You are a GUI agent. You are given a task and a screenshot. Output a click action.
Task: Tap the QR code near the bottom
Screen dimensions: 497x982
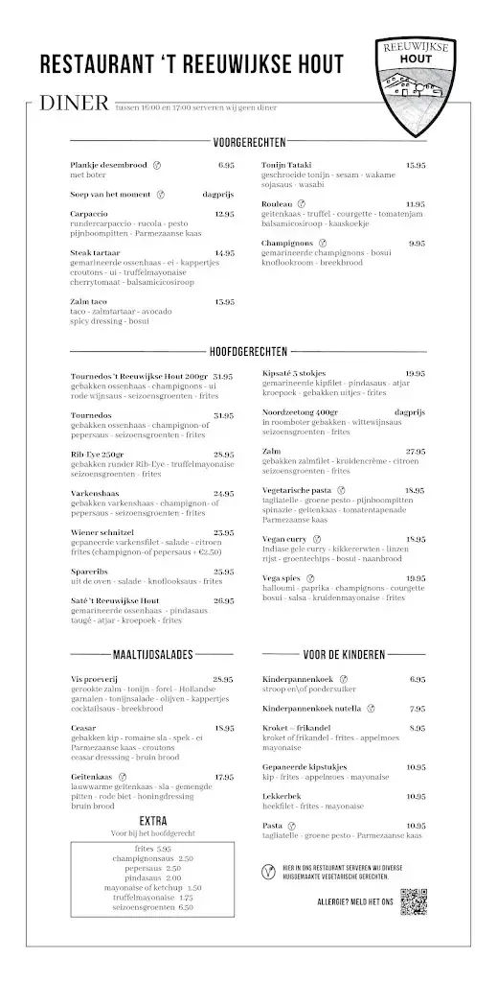tap(413, 902)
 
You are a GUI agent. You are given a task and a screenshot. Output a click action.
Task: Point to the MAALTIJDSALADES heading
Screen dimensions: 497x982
tap(153, 656)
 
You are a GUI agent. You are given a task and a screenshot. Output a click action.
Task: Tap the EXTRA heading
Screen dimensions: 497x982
tap(153, 821)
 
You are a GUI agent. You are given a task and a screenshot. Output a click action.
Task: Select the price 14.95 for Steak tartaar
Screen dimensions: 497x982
tap(224, 253)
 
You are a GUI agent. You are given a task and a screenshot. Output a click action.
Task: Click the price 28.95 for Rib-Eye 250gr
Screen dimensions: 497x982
tap(224, 455)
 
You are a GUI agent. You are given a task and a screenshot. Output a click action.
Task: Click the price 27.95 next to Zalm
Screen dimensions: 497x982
tap(415, 451)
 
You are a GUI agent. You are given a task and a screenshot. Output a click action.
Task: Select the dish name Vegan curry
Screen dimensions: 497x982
tap(285, 539)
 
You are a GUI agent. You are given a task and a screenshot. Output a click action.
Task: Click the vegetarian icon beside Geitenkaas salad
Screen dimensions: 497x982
tap(124, 777)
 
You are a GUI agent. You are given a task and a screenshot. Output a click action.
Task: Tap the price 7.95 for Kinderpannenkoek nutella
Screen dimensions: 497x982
tap(417, 709)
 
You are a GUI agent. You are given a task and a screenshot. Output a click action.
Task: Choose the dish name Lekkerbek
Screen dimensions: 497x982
tap(282, 797)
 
